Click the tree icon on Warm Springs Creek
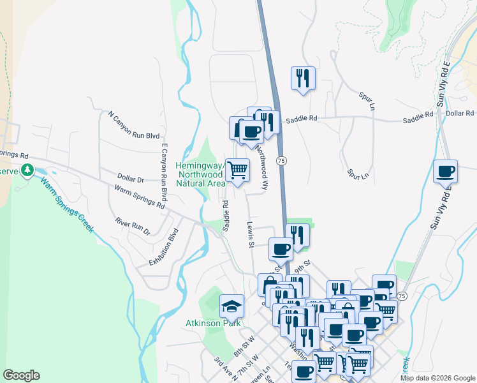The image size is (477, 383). [x=27, y=170]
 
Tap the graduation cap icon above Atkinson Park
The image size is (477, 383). [x=231, y=306]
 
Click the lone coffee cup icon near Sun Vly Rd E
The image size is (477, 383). [x=445, y=171]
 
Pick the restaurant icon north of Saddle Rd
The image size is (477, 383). [x=303, y=78]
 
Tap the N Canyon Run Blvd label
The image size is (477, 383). [x=133, y=125]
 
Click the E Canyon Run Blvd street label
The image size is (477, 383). [x=164, y=172]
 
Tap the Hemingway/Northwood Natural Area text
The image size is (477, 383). [x=200, y=174]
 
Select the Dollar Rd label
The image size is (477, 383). [x=460, y=113]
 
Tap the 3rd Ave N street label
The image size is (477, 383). [x=226, y=369]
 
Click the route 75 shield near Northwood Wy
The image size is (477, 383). [x=281, y=160]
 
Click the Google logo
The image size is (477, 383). [x=21, y=375]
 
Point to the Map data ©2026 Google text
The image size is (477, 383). [x=437, y=378]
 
